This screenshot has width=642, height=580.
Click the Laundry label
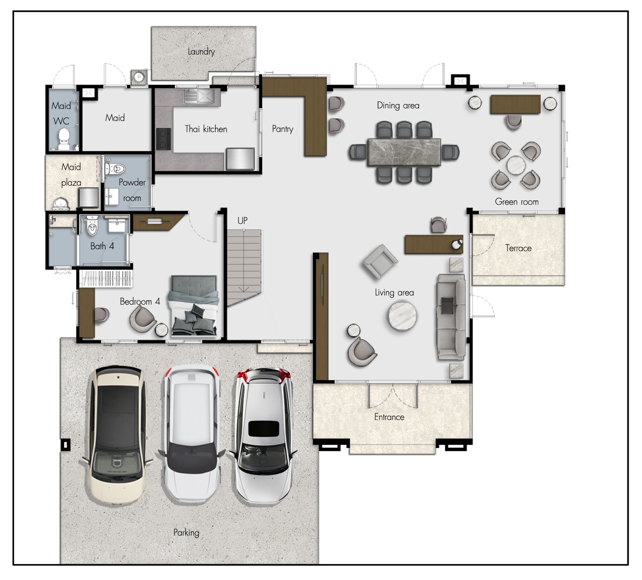tap(201, 51)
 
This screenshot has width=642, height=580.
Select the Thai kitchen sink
tap(199, 96)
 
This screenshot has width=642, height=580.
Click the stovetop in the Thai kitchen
tap(163, 138)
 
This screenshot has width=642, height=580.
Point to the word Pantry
tap(283, 129)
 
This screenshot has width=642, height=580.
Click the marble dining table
tap(404, 152)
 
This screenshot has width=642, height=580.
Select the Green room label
tap(517, 202)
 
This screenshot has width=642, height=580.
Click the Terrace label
tap(518, 248)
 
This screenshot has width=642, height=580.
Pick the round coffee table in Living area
tap(402, 316)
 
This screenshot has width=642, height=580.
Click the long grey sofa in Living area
tap(451, 317)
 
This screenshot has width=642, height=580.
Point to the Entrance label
tap(389, 417)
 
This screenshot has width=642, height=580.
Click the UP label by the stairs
tap(243, 221)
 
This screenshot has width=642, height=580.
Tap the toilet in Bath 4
tap(93, 227)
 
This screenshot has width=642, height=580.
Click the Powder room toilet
tap(115, 168)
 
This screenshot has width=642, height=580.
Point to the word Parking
tap(186, 533)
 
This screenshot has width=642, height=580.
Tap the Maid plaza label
tap(71, 175)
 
